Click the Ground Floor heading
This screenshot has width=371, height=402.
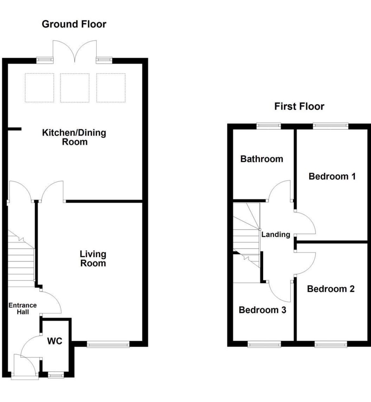click(x=74, y=24)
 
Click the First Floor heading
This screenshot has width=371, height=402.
click(x=299, y=106)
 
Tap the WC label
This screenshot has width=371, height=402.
click(x=55, y=341)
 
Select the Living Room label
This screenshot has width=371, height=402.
click(x=93, y=259)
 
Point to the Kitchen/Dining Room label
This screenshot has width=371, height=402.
click(x=74, y=137)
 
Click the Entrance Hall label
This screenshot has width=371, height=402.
click(x=23, y=309)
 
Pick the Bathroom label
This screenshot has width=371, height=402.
click(x=262, y=159)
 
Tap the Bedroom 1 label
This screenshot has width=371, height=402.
click(x=332, y=176)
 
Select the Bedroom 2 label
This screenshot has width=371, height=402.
click(x=331, y=289)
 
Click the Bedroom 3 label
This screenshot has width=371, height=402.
click(x=263, y=310)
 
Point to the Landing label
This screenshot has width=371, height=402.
click(x=276, y=235)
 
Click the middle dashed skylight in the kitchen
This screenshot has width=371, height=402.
click(x=75, y=88)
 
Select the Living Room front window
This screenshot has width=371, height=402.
click(x=108, y=344)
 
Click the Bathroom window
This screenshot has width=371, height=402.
click(x=269, y=126)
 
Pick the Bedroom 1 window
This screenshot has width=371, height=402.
click(x=331, y=126)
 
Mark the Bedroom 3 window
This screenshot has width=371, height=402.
click(x=264, y=344)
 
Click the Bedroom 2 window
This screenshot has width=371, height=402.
click(x=331, y=344)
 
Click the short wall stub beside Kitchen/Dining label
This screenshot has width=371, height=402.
click(x=15, y=129)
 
